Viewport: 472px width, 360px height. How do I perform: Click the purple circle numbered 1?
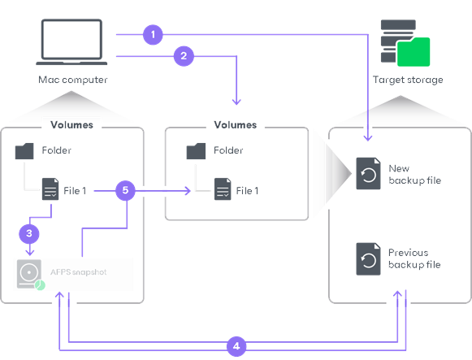point(152,35)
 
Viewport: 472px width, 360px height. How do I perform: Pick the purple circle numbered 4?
point(236,346)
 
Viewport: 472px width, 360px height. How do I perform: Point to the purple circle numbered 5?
point(124,191)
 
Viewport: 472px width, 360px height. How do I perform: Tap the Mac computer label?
point(72,80)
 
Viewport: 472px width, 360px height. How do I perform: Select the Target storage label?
point(408,80)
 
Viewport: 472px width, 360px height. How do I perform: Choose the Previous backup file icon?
point(368,258)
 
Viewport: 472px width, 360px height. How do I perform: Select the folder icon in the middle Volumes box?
point(196,151)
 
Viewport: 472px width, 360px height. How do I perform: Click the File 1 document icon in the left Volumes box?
point(50,191)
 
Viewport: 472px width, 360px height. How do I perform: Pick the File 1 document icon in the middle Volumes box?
point(222,191)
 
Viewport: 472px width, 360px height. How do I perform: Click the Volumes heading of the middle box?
point(235,125)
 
